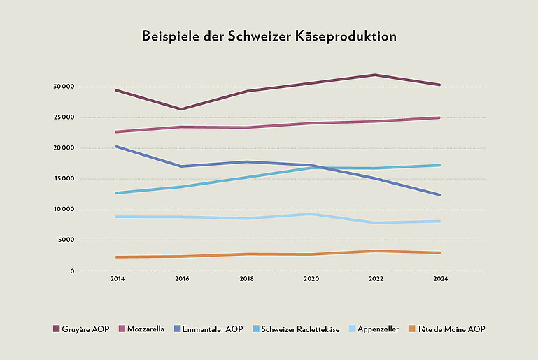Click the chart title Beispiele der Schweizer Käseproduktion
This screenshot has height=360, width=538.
269,36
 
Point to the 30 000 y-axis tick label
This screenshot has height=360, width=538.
63,87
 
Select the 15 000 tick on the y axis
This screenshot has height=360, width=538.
63,179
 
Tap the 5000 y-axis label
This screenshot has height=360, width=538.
65,240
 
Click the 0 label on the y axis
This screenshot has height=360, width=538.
71,271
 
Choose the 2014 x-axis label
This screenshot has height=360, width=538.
117,279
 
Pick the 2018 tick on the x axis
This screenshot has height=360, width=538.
246,279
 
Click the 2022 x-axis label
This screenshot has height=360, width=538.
376,279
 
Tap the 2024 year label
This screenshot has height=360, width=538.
440,279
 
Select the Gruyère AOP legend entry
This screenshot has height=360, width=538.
80,329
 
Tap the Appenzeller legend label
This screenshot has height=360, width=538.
378,329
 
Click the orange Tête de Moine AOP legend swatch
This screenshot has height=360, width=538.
412,329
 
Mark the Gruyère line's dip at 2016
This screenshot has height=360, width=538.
181,109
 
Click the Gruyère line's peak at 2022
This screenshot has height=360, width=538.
376,75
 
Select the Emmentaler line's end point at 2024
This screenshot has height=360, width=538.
439,194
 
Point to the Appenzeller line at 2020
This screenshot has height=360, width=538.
311,214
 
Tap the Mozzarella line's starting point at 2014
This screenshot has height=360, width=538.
117,131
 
